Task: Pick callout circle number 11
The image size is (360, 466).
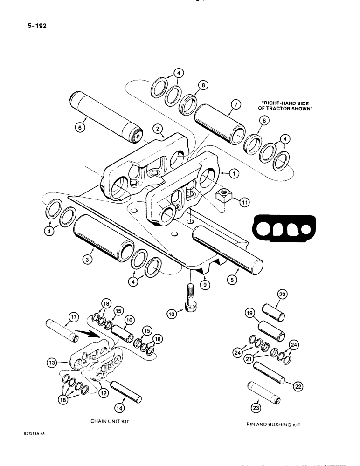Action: (243, 202)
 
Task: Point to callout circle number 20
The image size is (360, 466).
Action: (283, 294)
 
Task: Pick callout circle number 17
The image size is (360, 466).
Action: (73, 320)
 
